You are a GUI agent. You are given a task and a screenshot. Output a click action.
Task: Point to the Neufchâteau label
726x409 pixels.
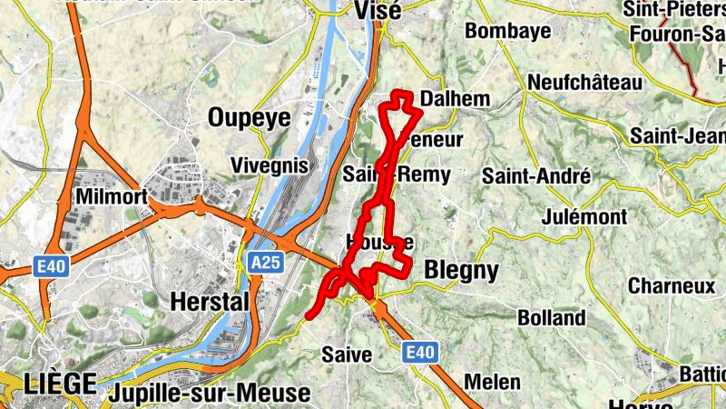click(x=584, y=83)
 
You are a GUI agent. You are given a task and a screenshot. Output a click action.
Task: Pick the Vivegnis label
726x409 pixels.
click(x=270, y=165)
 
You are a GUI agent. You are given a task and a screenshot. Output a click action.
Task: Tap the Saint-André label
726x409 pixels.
click(x=536, y=175)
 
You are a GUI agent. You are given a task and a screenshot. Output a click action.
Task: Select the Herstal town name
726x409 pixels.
click(x=209, y=301)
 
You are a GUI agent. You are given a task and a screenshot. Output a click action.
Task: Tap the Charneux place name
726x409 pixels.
click(x=672, y=285)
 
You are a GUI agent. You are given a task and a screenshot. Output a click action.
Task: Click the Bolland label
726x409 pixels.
click(x=552, y=318)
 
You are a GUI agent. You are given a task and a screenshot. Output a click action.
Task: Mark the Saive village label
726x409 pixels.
click(x=347, y=354)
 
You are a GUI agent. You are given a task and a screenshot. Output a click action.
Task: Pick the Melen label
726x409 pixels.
click(x=492, y=382)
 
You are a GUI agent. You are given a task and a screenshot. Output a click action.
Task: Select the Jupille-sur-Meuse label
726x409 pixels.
click(x=208, y=394)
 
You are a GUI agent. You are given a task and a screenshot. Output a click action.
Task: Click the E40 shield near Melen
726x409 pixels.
click(x=420, y=351)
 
